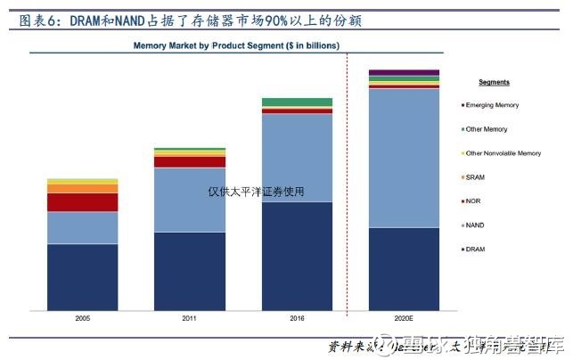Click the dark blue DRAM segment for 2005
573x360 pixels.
click(82, 276)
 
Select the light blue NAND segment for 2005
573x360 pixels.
click(82, 227)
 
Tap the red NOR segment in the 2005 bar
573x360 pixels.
click(82, 202)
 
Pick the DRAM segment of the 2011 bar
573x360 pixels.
click(189, 271)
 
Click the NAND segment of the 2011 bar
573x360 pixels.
click(189, 200)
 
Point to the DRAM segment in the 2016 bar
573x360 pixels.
click(297, 256)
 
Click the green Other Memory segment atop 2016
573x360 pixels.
click(297, 102)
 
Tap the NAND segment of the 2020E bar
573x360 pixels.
click(404, 158)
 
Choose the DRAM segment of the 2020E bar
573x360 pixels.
click(404, 268)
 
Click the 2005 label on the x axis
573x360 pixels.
click(82, 317)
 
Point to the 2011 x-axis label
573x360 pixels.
click(189, 317)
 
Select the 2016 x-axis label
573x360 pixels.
click(297, 317)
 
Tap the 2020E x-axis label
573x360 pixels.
click(404, 317)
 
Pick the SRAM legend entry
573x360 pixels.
click(487, 177)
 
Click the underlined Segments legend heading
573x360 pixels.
click(494, 82)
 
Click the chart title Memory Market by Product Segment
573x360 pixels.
click(236, 44)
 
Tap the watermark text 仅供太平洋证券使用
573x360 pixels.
click(256, 191)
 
